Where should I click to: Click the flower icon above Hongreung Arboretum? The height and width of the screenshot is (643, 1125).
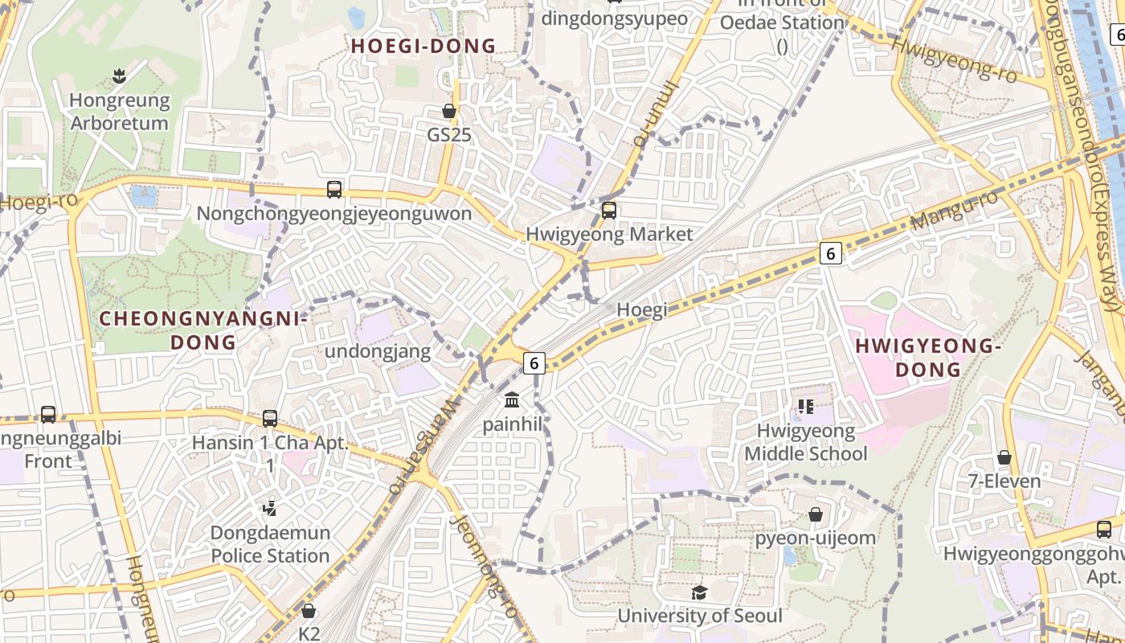tap(120, 77)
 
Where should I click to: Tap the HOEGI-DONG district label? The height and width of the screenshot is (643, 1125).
tap(423, 46)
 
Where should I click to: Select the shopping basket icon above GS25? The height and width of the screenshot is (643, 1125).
tap(449, 111)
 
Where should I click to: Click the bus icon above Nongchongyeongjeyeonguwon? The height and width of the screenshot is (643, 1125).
tap(334, 190)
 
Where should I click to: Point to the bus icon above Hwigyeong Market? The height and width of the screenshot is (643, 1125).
tap(609, 211)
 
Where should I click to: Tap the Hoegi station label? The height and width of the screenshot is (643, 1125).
tap(642, 310)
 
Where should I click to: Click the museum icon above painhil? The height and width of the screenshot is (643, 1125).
tap(513, 400)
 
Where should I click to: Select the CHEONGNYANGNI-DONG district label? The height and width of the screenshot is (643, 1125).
tap(203, 330)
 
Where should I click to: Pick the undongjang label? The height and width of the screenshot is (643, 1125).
tap(378, 351)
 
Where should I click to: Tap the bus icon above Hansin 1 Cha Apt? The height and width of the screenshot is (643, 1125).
tap(270, 419)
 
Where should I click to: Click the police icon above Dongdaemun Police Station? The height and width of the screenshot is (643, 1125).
tap(270, 508)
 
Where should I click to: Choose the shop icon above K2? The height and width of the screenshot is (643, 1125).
tap(309, 612)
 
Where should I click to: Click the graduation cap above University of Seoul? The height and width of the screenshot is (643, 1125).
tap(699, 592)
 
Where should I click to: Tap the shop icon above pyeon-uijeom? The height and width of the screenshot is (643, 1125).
tap(816, 514)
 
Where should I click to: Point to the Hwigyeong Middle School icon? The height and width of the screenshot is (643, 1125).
tap(806, 407)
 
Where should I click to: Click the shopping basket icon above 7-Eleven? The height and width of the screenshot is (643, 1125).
tap(1004, 458)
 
